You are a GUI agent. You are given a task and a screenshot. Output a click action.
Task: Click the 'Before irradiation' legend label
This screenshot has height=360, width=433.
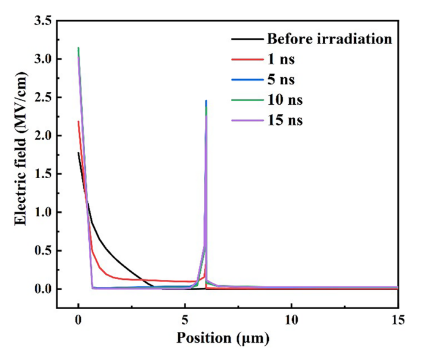[x=329, y=39]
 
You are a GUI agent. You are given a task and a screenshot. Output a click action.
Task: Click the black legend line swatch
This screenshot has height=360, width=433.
[x=246, y=40]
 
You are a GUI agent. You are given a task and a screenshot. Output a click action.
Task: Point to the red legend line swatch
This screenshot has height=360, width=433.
[x=246, y=60]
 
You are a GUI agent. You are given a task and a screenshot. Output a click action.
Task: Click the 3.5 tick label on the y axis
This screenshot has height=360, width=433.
[x=42, y=21]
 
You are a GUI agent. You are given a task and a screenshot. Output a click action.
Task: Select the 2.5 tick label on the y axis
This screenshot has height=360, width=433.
[x=42, y=98]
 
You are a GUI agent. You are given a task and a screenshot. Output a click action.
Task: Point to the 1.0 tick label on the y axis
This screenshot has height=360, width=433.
[x=42, y=212]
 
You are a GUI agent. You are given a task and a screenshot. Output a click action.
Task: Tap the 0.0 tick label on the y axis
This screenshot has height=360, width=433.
[x=42, y=289]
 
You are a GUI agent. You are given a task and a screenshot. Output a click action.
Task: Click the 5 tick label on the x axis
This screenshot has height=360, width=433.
[x=184, y=320]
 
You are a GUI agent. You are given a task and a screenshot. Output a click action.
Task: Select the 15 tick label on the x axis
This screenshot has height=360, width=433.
[x=397, y=320]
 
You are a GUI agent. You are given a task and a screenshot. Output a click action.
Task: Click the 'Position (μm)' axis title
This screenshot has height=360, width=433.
[x=223, y=337]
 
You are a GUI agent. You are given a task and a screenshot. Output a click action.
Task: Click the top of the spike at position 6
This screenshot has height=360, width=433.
[x=206, y=100]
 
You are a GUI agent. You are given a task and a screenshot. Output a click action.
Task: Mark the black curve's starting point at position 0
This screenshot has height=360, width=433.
[x=78, y=153]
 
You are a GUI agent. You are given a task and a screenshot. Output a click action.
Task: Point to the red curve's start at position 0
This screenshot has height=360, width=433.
[x=78, y=121]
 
